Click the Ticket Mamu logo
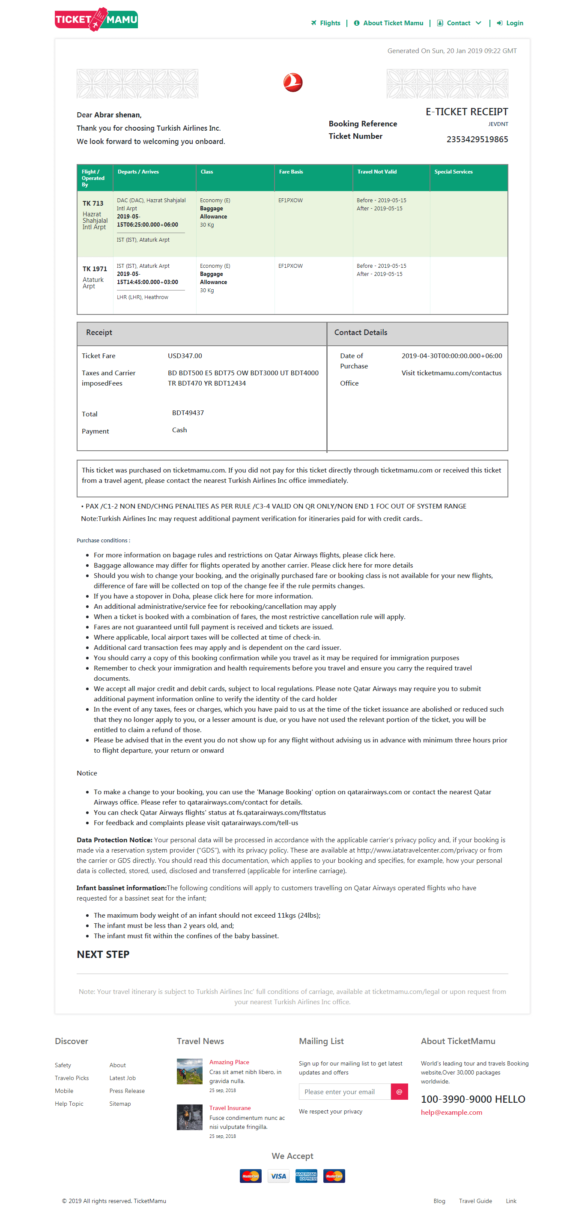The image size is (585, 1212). tap(96, 19)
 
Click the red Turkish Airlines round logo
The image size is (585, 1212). tap(292, 83)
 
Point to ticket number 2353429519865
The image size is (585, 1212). tap(477, 139)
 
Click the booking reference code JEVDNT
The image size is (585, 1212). tap(498, 124)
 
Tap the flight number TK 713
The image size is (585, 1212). tap(93, 203)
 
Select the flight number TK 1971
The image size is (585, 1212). tap(95, 269)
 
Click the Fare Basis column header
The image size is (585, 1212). tap(291, 172)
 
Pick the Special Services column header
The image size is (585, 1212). tap(454, 172)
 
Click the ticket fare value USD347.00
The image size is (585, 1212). tap(185, 356)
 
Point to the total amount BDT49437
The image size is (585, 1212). tap(188, 413)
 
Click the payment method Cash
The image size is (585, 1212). tap(179, 430)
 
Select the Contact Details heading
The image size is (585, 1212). tap(361, 332)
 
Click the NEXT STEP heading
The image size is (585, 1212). tap(103, 954)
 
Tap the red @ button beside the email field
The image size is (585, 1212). tap(399, 1092)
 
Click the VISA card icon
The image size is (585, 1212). tap(278, 1176)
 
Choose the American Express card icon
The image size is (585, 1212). tap(306, 1176)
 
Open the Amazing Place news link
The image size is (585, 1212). tap(229, 1062)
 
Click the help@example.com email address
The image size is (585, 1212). tap(451, 1112)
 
